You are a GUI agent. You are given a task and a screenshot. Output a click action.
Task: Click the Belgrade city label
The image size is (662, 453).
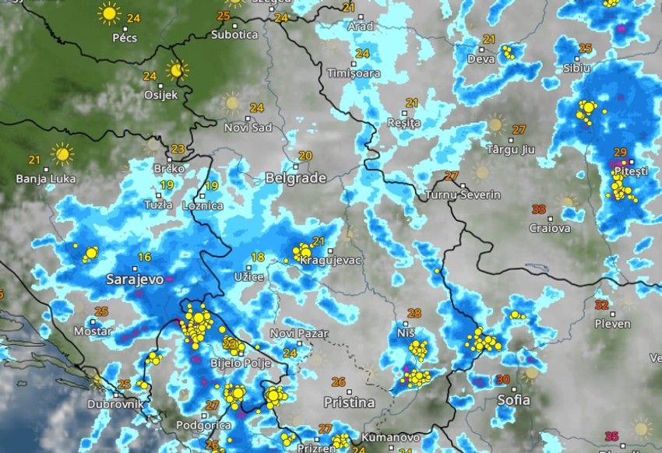pos(295,177)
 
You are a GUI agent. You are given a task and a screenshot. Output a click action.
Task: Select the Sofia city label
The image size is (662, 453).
pos(513,399)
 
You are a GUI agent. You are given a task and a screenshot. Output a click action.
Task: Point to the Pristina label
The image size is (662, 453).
pos(349,402)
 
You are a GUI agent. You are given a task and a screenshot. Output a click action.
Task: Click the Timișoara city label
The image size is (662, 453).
pos(354,72)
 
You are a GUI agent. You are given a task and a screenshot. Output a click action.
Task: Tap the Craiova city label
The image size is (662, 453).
pos(549,228)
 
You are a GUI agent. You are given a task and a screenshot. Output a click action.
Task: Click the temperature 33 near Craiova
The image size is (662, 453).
pos(538,209)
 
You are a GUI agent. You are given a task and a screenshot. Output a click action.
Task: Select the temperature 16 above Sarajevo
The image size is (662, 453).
pos(144,258)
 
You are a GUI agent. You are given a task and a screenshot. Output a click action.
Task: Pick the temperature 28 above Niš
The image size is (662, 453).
pos(414,314)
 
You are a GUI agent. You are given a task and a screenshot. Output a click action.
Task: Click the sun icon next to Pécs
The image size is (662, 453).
pos(109,13)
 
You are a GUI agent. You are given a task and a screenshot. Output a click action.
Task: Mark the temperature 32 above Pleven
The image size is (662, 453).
pos(601,304)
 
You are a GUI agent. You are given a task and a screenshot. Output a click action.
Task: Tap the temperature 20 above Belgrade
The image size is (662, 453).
pos(305,156)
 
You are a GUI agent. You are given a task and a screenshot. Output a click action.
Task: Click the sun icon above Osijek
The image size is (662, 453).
pos(178,70)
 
